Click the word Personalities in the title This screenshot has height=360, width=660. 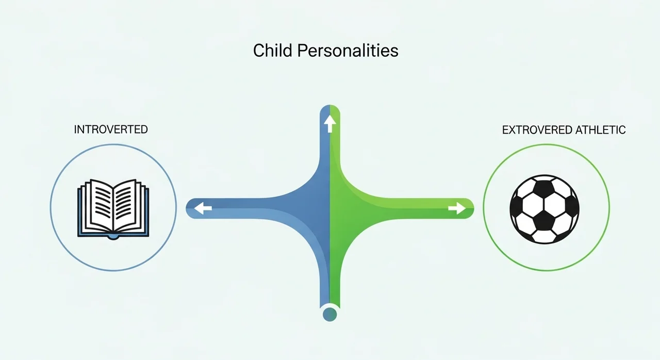pyautogui.click(x=348, y=51)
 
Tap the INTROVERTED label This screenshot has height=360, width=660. pyautogui.click(x=111, y=129)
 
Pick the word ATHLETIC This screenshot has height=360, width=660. pyautogui.click(x=601, y=130)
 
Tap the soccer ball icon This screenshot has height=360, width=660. pyautogui.click(x=544, y=209)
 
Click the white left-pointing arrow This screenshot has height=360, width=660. pyautogui.click(x=203, y=208)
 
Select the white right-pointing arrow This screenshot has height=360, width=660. pyautogui.click(x=457, y=208)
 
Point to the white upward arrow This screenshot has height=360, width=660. pyautogui.click(x=329, y=124)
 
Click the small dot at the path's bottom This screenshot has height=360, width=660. pyautogui.click(x=329, y=314)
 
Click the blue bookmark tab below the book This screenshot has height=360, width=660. pyautogui.click(x=113, y=237)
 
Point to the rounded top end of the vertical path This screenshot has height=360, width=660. pyautogui.click(x=329, y=107)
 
